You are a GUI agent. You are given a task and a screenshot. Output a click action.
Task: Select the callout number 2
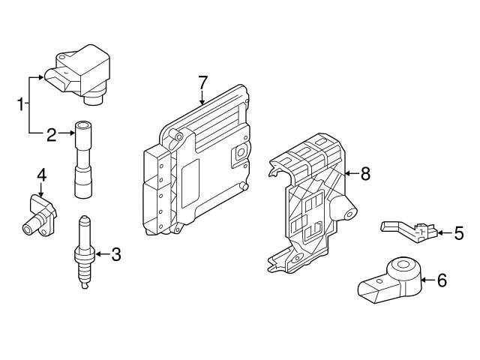coord(52,134)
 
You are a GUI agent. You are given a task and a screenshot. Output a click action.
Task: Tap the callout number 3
coord(115,254)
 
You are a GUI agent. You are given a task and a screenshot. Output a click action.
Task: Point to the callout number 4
coord(42,175)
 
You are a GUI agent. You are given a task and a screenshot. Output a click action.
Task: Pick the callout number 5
coord(459,233)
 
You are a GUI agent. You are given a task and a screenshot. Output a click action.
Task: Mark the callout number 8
coord(365,174)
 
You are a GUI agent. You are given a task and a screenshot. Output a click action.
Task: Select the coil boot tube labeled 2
coord(82,161)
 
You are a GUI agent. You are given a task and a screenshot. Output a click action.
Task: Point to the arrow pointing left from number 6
coord(426,281)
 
